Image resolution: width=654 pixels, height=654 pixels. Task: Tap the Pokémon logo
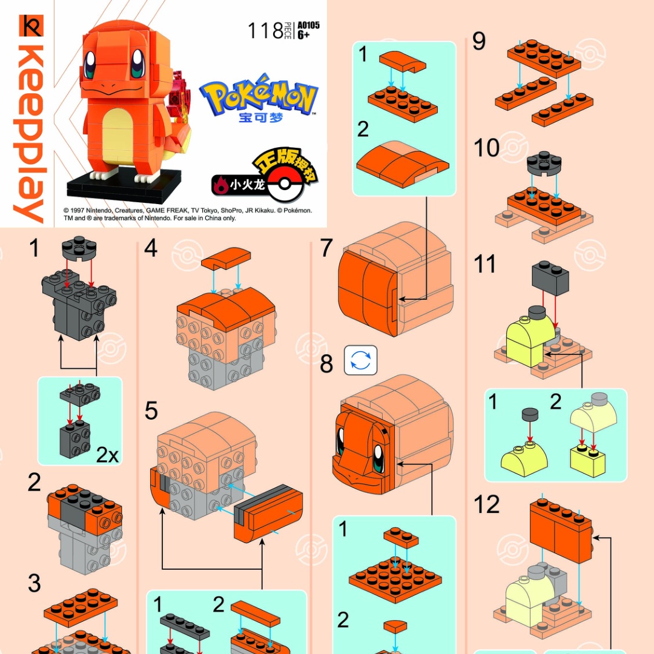click(259, 96)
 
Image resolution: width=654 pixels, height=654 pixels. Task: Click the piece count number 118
click(265, 30)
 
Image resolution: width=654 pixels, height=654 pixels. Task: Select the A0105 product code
click(308, 25)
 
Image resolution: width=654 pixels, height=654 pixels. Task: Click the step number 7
click(326, 248)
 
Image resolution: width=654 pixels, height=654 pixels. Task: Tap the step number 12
click(487, 504)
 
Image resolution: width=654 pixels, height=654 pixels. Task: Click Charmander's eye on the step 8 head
click(379, 458)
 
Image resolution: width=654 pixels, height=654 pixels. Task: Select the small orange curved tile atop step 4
click(220, 259)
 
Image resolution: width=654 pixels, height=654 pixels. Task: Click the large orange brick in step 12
click(561, 529)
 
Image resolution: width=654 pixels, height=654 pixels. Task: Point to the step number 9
click(479, 42)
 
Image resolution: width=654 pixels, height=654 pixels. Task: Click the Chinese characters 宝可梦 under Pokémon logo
click(261, 117)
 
